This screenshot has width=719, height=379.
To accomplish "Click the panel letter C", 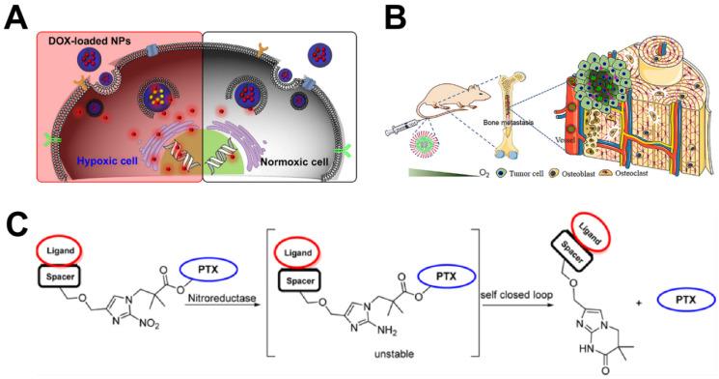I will [16, 226].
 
